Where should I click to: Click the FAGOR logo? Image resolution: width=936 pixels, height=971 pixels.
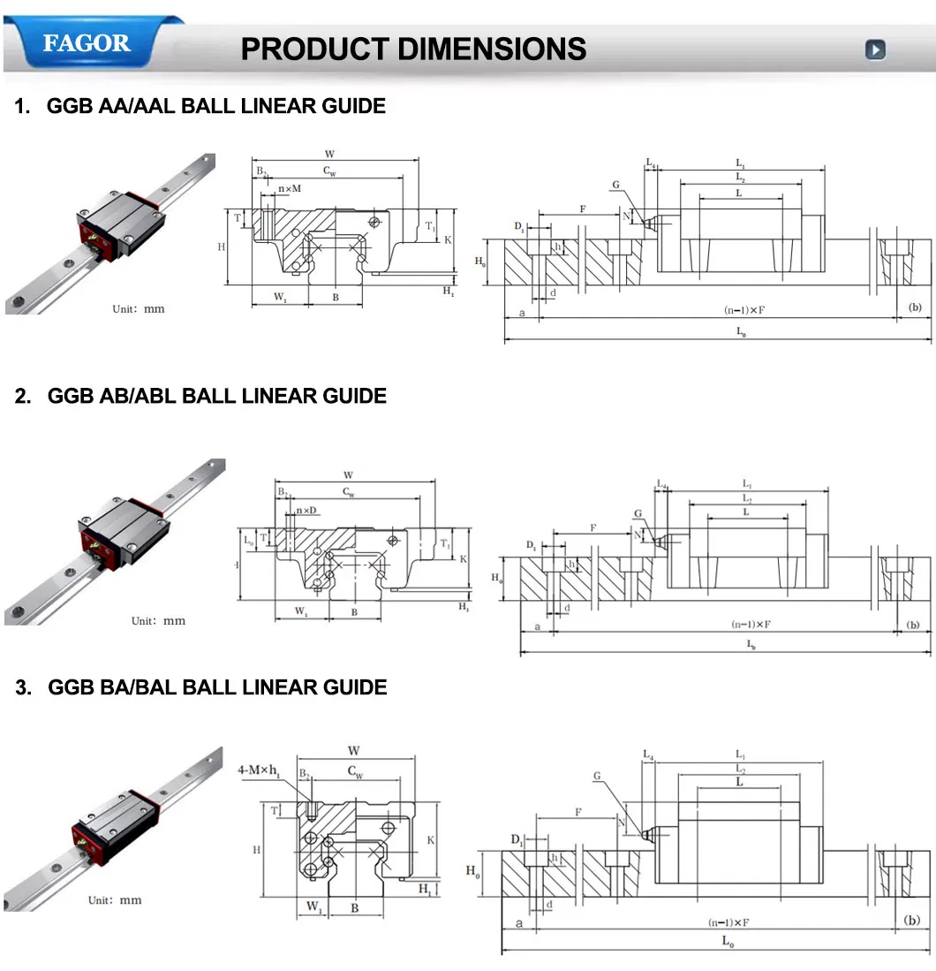87,43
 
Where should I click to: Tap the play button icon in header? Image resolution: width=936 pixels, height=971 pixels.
874,49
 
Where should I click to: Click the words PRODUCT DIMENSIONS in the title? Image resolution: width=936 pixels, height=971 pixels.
413,49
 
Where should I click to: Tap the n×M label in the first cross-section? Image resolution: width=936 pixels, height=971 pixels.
290,189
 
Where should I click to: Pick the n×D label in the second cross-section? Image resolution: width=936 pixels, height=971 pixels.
308,511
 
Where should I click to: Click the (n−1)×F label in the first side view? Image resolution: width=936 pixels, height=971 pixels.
740,310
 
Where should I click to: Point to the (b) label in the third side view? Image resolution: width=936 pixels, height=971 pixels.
913,920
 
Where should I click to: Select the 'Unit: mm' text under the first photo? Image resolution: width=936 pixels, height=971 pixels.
138,309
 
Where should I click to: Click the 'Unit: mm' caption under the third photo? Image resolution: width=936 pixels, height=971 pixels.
115,900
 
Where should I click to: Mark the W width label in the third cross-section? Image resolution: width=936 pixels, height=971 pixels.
354,751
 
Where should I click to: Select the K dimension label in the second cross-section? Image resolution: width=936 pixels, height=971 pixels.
463,558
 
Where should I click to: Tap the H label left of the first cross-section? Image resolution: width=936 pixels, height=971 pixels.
221,247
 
